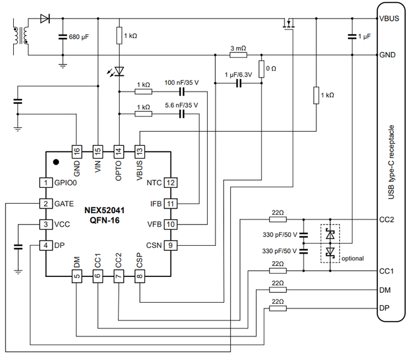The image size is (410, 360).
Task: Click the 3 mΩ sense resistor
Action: (238, 55)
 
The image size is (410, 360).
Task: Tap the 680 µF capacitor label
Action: (84, 37)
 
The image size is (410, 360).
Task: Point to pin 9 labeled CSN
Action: (171, 245)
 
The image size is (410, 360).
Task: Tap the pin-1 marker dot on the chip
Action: (56, 162)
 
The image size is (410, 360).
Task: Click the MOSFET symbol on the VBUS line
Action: (288, 24)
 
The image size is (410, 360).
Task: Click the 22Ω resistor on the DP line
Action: (278, 309)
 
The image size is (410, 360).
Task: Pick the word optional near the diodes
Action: (352, 258)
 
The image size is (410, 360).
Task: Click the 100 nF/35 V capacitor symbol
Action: (182, 91)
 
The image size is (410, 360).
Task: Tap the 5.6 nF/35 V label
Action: (181, 105)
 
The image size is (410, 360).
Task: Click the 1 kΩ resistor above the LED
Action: (119, 37)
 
